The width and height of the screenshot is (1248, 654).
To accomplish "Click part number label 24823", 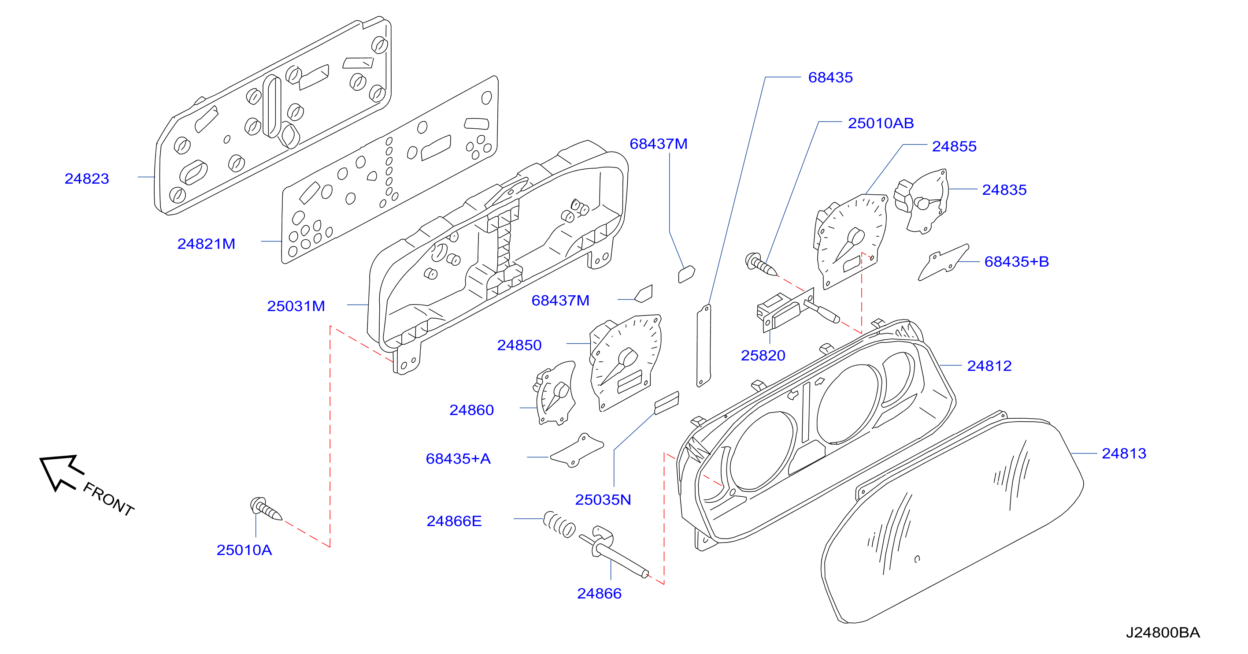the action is tap(87, 178).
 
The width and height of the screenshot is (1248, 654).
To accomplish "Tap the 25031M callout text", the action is tap(296, 306).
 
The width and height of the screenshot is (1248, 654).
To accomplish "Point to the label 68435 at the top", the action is tap(830, 77).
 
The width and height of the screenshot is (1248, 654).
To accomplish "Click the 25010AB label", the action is tap(881, 123).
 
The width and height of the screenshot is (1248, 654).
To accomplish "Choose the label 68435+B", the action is tap(1016, 261).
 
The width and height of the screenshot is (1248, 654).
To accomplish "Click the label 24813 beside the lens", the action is tap(1124, 453).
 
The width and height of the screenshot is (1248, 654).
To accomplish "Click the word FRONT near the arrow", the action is tap(108, 499).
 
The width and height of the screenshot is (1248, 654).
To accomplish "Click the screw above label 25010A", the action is tap(266, 509).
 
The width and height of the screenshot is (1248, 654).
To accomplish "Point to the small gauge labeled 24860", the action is tap(555, 393).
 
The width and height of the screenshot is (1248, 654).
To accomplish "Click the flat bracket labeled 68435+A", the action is tap(577, 450).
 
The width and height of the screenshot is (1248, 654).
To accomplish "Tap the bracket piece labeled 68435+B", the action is tap(943, 262).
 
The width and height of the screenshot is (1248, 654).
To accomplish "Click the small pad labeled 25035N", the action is tap(667, 403).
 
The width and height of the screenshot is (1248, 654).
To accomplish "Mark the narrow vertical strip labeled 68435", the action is tap(704, 346).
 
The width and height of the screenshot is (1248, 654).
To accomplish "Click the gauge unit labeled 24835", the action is tap(921, 201).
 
